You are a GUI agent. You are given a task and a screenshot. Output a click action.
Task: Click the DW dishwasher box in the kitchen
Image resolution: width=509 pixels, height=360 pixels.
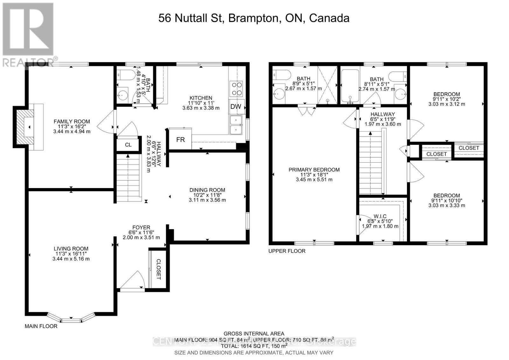tap(236, 107)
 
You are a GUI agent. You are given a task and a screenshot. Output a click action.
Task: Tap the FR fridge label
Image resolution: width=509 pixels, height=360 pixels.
tap(180, 139)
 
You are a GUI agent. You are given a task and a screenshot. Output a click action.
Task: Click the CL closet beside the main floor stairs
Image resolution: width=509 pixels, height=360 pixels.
tap(128, 145)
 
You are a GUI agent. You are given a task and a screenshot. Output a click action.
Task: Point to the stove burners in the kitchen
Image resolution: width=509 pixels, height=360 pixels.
tap(236, 89)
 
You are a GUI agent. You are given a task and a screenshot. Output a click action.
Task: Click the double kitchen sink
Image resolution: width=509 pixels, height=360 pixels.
tap(236, 125)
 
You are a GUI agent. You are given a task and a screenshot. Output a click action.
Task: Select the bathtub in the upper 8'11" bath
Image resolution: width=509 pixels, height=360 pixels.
tap(350, 87)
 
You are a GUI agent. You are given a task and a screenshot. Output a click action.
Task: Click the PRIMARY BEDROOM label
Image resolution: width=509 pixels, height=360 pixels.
tap(314, 170)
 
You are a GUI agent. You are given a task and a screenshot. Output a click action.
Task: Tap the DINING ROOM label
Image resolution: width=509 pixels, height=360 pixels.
tap(207, 190)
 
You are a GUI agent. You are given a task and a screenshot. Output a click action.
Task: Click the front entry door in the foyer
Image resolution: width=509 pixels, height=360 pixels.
tap(132, 282)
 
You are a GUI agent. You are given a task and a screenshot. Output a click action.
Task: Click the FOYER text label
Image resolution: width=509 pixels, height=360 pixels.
tap(141, 227)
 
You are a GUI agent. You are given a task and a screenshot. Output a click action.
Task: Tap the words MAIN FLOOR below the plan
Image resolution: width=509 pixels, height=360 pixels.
tap(41, 326)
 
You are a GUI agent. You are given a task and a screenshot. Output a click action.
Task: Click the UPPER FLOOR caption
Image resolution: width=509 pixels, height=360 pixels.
tap(287, 251)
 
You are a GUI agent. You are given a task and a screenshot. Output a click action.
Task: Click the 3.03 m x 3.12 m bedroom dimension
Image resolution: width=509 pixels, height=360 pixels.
tap(446, 104)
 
